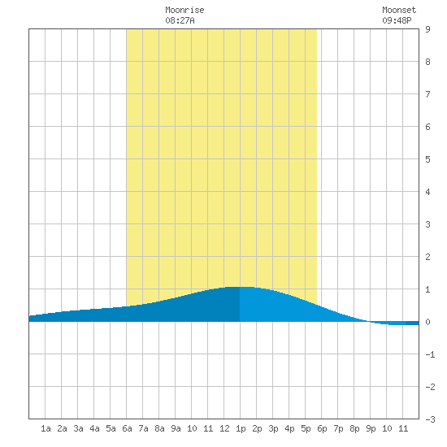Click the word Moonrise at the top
click(x=184, y=10)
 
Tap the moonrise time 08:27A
click(x=180, y=20)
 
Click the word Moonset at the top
click(x=399, y=10)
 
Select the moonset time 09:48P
click(x=397, y=20)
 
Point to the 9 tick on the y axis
click(x=427, y=29)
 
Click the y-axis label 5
click(x=427, y=159)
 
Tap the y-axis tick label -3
click(x=430, y=419)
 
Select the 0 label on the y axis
click(x=427, y=322)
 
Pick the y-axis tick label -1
click(x=430, y=354)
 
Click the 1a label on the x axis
click(x=46, y=428)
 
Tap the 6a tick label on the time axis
click(x=127, y=428)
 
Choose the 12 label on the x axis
click(x=224, y=428)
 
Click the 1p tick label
click(x=241, y=428)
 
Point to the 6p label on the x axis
click(x=322, y=428)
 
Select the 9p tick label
click(x=371, y=428)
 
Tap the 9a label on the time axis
click(x=176, y=428)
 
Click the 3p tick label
click(x=273, y=428)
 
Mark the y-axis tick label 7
click(x=427, y=94)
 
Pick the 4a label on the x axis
click(x=94, y=428)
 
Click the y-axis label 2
click(x=427, y=257)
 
